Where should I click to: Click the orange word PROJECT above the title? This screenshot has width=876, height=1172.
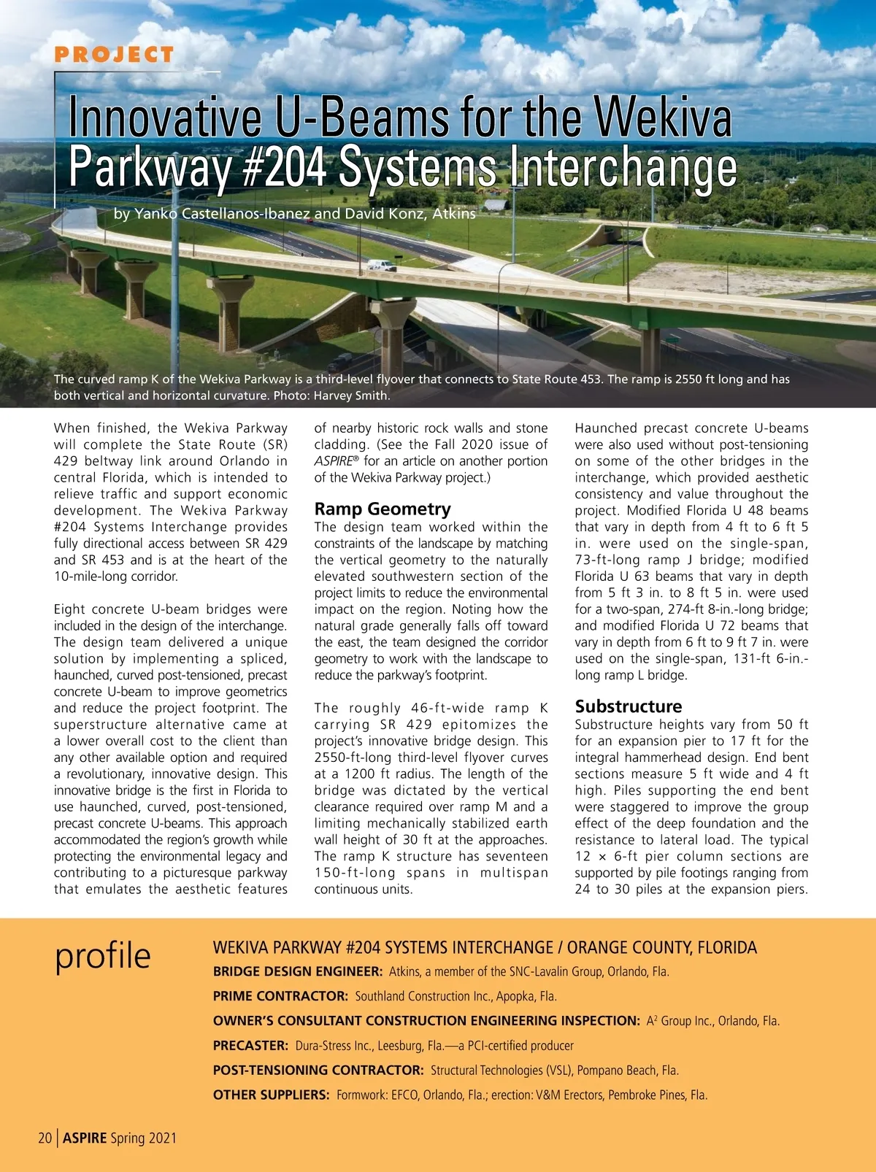coord(114,55)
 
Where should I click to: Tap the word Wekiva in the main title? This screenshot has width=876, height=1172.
coord(661,118)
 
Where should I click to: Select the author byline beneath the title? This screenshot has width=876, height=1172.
coord(294,214)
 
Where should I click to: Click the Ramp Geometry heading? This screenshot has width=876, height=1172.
coord(383,509)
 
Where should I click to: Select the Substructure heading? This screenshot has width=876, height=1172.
coord(628,706)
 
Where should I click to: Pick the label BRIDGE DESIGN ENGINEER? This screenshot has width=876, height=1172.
coord(298,971)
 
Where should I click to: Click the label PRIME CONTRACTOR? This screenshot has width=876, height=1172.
coord(280,996)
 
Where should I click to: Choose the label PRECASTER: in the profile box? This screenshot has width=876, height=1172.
coord(250,1046)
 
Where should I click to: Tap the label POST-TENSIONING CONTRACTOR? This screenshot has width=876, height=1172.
coord(318,1071)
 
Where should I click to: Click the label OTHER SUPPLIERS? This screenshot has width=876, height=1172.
coord(271,1095)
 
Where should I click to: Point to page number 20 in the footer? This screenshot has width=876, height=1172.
coord(45,1138)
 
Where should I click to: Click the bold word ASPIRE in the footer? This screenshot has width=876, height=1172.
coord(85,1138)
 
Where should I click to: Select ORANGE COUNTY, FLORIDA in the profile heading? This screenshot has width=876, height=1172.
coord(662,948)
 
